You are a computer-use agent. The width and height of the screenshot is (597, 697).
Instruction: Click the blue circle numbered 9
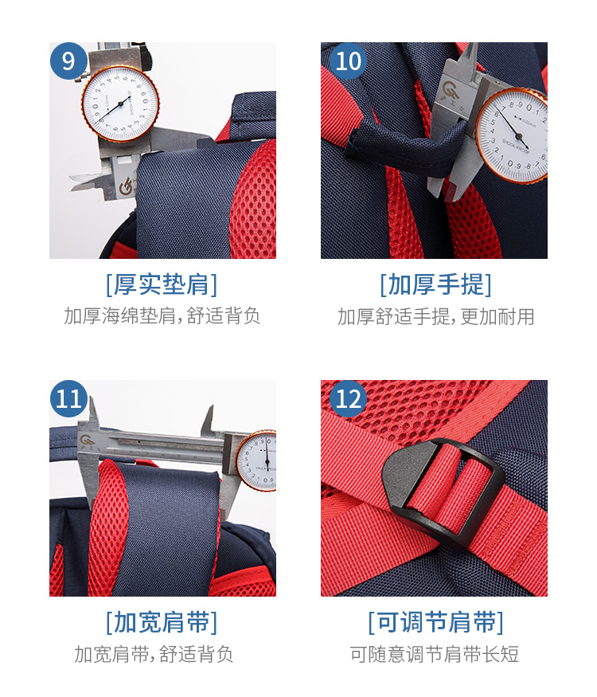click(x=68, y=61)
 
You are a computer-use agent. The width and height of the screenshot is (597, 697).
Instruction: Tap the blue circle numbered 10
click(x=349, y=61)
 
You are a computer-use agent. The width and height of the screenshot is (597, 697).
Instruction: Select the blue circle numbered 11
click(x=68, y=399)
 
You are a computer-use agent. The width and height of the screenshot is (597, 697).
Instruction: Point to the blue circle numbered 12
click(x=349, y=399)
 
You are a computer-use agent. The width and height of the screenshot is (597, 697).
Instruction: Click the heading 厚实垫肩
click(x=162, y=284)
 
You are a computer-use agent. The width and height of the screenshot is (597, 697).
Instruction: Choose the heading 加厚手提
click(x=435, y=284)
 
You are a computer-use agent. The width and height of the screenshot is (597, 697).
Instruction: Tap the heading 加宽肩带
click(x=162, y=622)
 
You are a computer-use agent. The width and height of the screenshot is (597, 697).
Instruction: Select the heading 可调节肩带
click(x=435, y=622)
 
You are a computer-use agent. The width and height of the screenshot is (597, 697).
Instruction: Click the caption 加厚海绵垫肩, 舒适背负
click(x=162, y=316)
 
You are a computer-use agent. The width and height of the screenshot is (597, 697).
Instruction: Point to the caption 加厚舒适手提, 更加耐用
click(x=435, y=316)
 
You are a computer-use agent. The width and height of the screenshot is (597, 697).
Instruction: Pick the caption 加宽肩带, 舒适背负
click(x=154, y=654)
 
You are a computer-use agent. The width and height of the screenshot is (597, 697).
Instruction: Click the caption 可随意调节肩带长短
click(x=435, y=654)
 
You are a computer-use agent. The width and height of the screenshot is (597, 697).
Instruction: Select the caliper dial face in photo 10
click(x=513, y=135)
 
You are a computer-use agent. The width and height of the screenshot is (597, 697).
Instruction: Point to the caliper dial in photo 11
click(x=256, y=460)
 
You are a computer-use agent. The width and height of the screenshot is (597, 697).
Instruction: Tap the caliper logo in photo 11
click(x=85, y=441)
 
